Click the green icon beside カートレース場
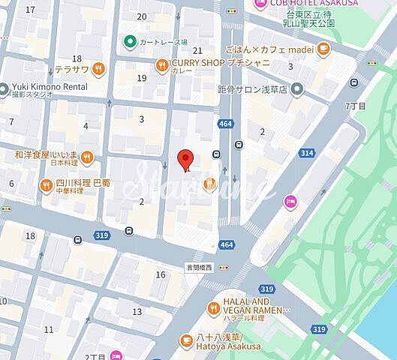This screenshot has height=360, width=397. coord(129,40)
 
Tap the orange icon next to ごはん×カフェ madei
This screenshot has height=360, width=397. coord(323,49)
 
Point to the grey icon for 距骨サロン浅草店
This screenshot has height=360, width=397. coord(298,89)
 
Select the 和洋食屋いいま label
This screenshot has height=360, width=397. coord(47,156)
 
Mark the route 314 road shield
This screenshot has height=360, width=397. coord(306,153)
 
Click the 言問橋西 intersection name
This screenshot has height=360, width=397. coord(200,265)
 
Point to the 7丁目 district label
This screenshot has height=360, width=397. coord(355,106)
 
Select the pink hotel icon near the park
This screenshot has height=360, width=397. coord(290,200)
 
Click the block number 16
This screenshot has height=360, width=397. coord(160,274)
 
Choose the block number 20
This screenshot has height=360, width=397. coord(142,16)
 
